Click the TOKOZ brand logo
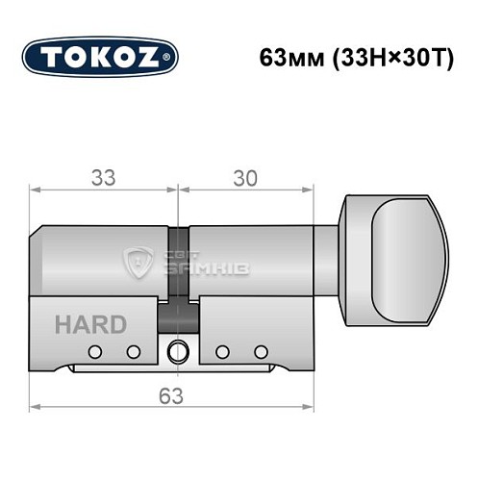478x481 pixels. click(x=100, y=55)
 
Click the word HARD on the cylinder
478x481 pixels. click(x=89, y=323)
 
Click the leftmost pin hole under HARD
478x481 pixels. click(x=95, y=351)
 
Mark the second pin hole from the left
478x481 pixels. click(x=134, y=351)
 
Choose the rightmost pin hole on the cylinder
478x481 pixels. click(x=259, y=351)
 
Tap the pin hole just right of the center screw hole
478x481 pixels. click(x=221, y=351)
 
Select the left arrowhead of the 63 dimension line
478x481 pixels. click(x=36, y=410)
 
